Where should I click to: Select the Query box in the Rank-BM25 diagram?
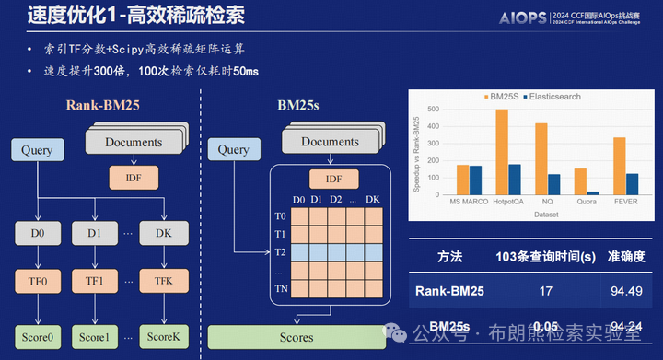point(35,151)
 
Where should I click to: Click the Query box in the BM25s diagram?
point(234,150)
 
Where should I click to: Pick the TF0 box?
point(35,280)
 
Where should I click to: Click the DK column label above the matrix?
point(372,200)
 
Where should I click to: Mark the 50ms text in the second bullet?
point(245,71)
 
